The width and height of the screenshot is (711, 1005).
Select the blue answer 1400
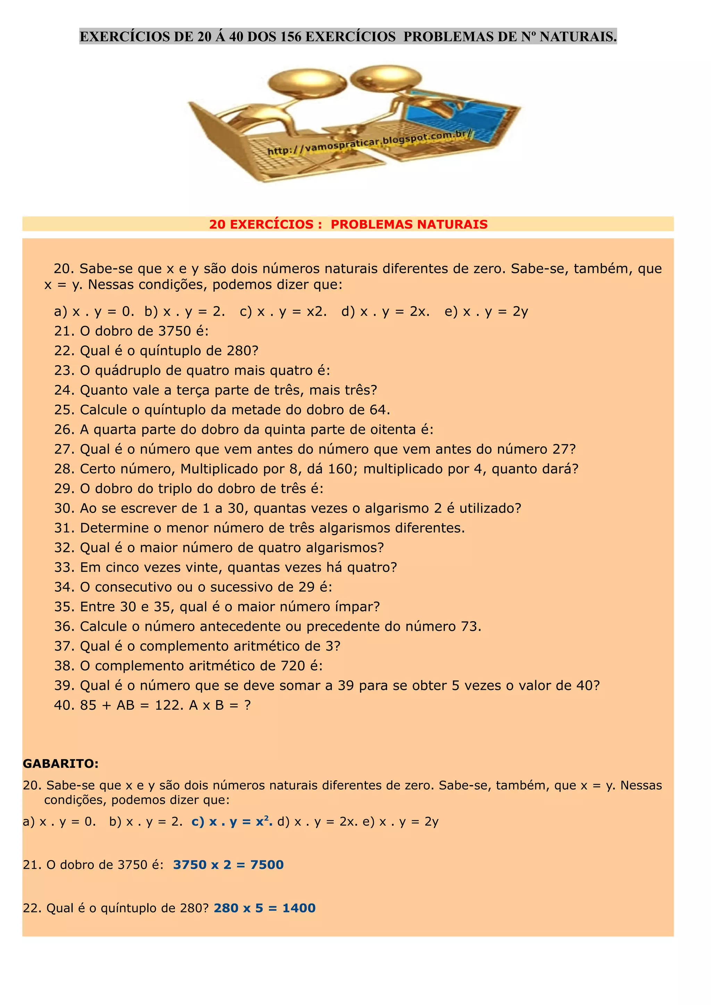299,908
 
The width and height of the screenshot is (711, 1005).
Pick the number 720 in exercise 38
293,666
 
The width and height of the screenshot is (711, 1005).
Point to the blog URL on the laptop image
370,143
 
